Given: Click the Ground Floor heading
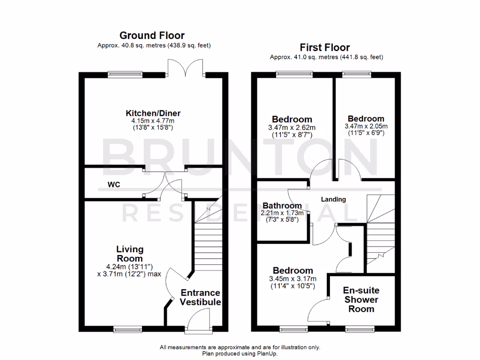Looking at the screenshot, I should (152, 35).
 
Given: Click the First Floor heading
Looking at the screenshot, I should (325, 47).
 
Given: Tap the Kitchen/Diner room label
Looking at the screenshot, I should (153, 113).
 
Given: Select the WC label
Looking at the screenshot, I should (114, 185).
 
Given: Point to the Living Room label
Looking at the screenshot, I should (130, 254).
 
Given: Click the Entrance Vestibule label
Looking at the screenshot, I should (201, 298).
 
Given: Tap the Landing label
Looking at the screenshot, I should (333, 199).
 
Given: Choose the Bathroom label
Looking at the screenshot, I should (282, 205).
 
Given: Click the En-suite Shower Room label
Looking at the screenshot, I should (361, 300).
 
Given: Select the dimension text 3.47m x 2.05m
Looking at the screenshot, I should (366, 127).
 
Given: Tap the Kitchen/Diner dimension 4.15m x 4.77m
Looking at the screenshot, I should (152, 121).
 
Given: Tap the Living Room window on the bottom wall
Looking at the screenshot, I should (125, 329).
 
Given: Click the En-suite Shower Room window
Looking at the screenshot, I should (360, 329).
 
